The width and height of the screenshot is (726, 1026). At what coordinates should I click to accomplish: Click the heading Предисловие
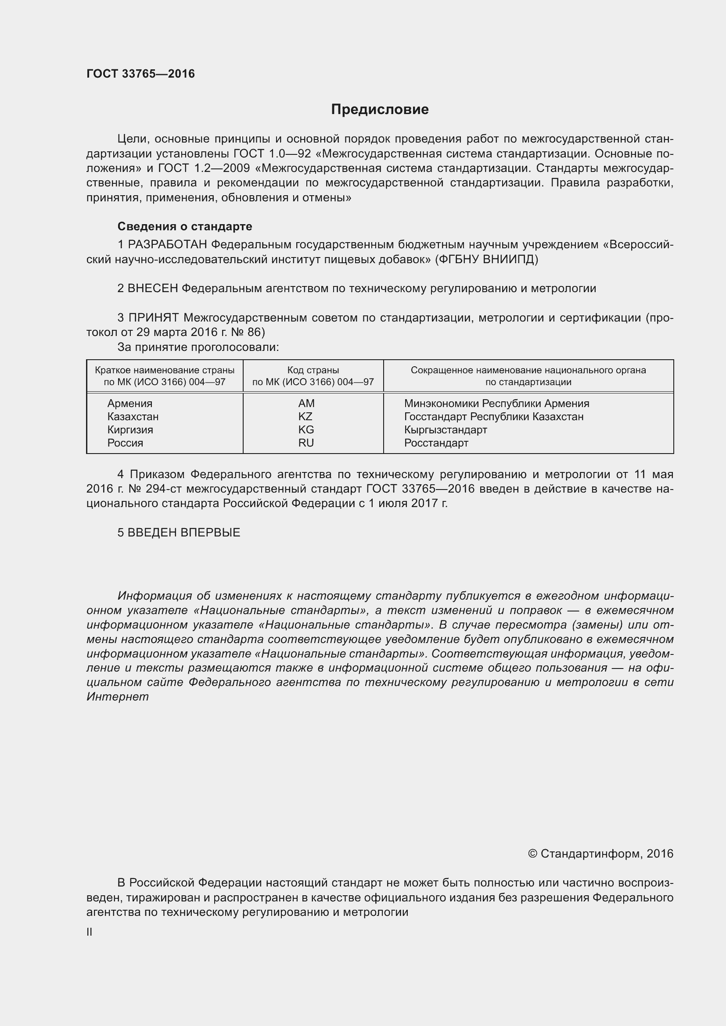380,110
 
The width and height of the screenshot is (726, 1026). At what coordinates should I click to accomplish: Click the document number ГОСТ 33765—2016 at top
140,74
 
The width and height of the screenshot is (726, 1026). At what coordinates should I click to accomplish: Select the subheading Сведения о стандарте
185,226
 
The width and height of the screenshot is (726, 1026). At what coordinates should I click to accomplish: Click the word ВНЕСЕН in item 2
153,288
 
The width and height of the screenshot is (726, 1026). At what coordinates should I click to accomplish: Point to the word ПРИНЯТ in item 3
154,318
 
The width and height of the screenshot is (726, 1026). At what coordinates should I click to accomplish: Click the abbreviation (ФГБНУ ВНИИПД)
486,259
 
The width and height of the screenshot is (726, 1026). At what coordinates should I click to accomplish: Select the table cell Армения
129,404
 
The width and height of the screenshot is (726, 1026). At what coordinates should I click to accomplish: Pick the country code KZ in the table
305,416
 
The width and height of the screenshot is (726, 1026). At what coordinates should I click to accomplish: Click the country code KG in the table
306,430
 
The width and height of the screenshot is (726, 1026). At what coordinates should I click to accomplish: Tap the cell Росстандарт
436,443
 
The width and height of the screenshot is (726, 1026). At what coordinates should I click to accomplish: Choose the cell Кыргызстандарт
445,430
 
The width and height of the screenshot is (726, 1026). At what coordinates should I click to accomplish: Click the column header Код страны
313,370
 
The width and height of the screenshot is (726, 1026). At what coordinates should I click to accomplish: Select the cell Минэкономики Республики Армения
496,404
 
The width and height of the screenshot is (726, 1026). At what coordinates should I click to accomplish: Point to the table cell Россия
125,443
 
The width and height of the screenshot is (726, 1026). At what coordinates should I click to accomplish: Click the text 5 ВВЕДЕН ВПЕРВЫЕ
179,532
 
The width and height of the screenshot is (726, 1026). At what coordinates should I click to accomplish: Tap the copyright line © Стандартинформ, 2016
600,854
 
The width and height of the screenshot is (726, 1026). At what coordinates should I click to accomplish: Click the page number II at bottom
90,932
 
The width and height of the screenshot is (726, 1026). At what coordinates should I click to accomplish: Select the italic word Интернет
118,697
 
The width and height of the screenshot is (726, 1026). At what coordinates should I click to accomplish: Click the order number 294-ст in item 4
163,488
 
